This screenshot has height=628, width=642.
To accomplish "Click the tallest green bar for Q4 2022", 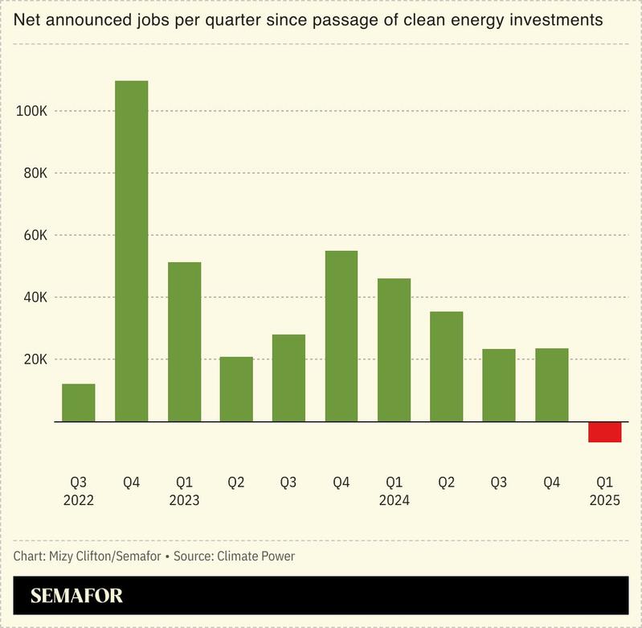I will coord(132,251).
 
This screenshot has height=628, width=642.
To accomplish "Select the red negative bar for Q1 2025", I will coord(604,432).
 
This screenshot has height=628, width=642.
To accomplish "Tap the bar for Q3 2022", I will coord(79,403).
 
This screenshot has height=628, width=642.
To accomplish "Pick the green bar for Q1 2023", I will coord(184,342).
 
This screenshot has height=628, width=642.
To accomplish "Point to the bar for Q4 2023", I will coord(341,336).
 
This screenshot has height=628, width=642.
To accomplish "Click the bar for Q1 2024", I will coord(394,350).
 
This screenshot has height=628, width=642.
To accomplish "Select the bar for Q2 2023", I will coord(236,389).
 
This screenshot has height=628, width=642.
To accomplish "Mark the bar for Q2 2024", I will coord(446,367).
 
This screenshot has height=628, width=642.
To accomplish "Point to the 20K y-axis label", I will coord(35,359).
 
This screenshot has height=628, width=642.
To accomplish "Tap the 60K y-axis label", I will coord(35,236).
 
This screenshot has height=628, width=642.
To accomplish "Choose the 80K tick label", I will coord(35,174).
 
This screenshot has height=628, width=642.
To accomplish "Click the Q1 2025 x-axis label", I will coord(604,490).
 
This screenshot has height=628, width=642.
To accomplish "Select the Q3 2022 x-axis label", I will coord(79,490).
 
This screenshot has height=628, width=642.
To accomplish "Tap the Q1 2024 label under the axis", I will coord(394,490).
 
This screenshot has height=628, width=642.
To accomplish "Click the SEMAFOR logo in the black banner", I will coord(76,597).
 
